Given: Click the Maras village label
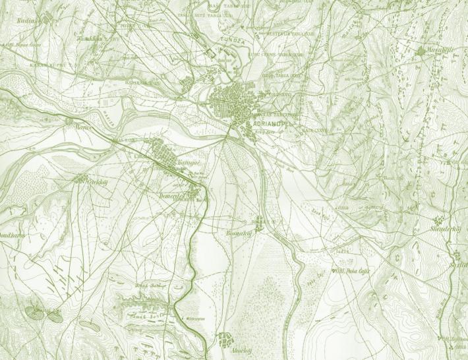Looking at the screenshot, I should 82,126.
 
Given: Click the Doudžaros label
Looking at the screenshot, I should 12,234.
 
